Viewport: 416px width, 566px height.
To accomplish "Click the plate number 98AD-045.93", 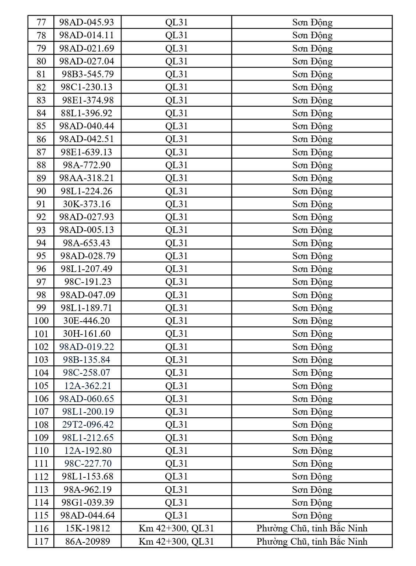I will (x=87, y=22).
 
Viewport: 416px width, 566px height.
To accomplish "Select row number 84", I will (x=41, y=113).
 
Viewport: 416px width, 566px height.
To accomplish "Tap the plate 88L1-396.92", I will (x=87, y=113).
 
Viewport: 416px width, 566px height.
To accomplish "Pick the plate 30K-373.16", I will (x=87, y=204).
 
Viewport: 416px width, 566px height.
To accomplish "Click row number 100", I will (x=41, y=321).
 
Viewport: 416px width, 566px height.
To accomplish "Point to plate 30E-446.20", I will (x=87, y=321).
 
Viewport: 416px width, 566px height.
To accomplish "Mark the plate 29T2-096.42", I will (x=88, y=424).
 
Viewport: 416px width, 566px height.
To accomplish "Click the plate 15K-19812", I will (x=88, y=528).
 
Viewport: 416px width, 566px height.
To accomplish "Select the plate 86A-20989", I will (x=88, y=541).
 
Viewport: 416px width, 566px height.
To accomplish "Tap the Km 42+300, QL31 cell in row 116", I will (x=176, y=528).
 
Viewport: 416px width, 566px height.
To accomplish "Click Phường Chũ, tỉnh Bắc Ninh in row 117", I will (x=312, y=541).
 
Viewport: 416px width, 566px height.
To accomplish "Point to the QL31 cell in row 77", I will (x=176, y=22).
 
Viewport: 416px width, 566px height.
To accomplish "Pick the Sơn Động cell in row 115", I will (x=312, y=515).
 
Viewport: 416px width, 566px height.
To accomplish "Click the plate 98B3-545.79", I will (x=88, y=74).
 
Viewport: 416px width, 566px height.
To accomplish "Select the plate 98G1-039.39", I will (x=88, y=502).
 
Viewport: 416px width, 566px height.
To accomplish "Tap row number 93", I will (x=41, y=230).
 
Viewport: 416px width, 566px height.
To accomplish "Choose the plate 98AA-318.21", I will (x=87, y=178).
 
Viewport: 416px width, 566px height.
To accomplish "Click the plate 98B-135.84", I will (x=87, y=360).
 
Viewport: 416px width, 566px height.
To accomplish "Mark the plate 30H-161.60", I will (x=87, y=334).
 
